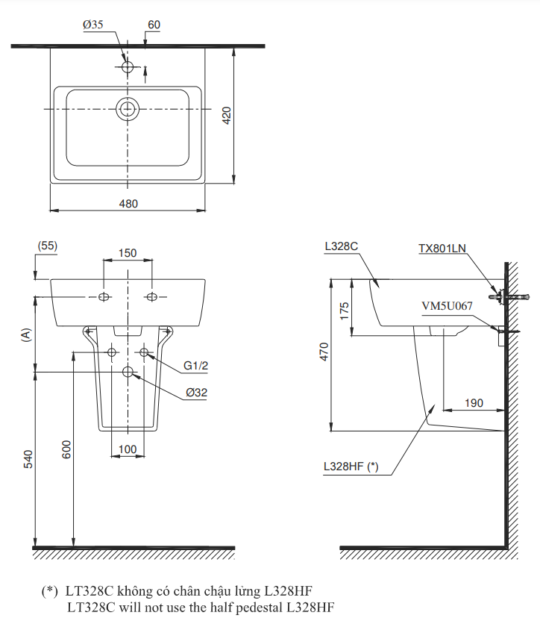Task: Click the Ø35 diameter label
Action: click(x=93, y=25)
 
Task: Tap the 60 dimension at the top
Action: click(x=154, y=25)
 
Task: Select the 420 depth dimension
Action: click(x=227, y=115)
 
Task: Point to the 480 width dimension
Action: click(x=128, y=203)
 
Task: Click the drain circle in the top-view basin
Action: click(x=128, y=110)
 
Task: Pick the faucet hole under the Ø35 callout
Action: click(x=128, y=67)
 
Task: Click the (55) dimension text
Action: click(x=47, y=246)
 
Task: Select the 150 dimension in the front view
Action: click(x=128, y=253)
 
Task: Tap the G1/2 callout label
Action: click(x=196, y=366)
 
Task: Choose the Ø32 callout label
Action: click(x=197, y=392)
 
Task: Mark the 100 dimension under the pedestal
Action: click(x=128, y=448)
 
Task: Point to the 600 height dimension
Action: click(x=66, y=449)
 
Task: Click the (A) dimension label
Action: click(x=27, y=334)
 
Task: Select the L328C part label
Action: click(x=342, y=246)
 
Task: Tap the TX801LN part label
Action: click(x=443, y=247)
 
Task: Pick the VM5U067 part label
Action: click(x=447, y=305)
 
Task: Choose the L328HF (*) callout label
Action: click(x=351, y=467)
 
